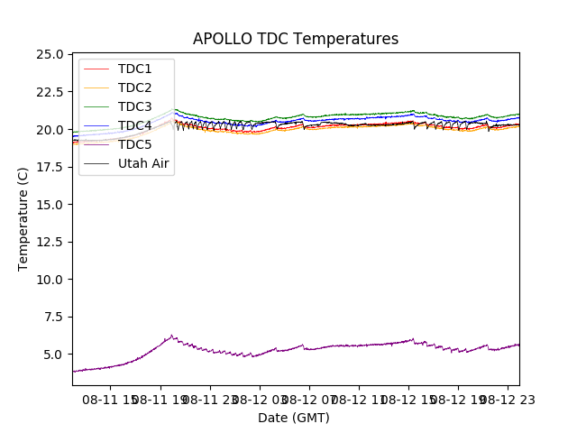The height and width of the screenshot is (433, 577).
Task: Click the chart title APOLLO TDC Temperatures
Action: tap(296, 39)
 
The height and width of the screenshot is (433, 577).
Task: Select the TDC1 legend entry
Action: tap(135, 69)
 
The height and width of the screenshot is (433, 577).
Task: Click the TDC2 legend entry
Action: tap(135, 88)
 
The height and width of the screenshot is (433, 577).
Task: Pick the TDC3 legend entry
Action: tap(135, 106)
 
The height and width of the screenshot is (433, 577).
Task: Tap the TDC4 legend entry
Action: tap(135, 125)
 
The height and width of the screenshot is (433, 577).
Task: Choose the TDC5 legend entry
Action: tap(135, 144)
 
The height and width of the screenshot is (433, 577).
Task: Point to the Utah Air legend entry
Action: tap(143, 163)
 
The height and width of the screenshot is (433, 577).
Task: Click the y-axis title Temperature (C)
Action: tap(23, 218)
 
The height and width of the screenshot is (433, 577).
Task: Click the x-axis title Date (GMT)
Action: tap(294, 418)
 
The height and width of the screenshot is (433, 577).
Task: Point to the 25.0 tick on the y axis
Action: tap(50, 54)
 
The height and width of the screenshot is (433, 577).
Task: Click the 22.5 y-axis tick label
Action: tap(50, 92)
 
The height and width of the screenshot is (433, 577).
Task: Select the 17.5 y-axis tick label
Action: tap(50, 167)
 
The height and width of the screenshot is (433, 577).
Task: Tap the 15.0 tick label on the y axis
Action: tap(50, 205)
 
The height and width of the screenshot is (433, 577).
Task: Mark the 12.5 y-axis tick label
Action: tap(50, 242)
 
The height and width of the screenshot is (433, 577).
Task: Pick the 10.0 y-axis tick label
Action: tap(50, 280)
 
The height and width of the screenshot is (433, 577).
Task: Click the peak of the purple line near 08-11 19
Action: tap(172, 336)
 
